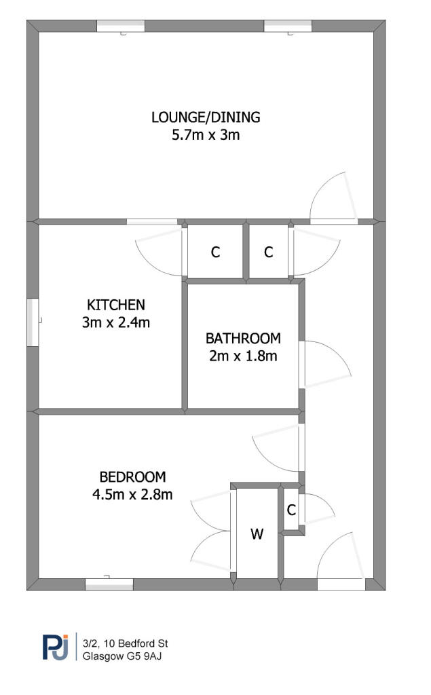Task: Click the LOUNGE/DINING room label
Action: point(206,117)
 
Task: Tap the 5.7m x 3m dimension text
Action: point(206,134)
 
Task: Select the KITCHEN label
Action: point(116,305)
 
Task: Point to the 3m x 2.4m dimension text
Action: point(116,322)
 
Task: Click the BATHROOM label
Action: point(243,339)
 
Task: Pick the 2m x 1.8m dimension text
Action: point(243,356)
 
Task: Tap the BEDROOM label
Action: point(132,477)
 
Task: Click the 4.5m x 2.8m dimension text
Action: point(132,494)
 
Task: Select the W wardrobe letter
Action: point(257,534)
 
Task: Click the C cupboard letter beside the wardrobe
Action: point(291,510)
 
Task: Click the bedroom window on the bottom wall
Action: point(109,584)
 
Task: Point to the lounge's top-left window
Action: point(121,26)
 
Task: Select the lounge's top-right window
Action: point(288,26)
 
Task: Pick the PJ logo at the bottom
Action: point(56,647)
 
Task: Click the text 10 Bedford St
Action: point(135,643)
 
